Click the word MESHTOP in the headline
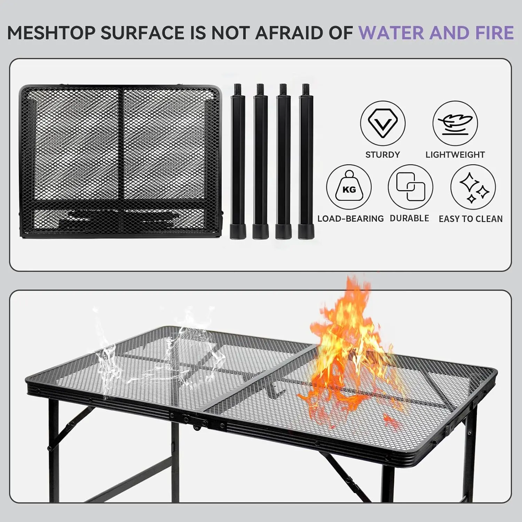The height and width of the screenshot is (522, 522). click(51, 33)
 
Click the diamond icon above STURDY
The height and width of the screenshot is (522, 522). click(382, 123)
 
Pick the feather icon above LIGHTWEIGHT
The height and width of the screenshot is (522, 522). click(455, 123)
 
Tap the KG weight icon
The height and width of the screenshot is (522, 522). click(349, 187)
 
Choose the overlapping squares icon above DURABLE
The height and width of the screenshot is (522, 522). click(410, 187)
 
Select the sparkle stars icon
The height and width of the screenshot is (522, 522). click(473, 187)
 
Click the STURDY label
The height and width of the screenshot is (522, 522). click(382, 155)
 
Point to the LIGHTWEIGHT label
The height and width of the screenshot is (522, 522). click(455, 155)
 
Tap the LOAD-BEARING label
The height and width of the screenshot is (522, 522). click(350, 219)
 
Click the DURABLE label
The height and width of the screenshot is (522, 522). click(409, 218)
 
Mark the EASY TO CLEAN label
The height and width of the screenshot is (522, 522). click(470, 219)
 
